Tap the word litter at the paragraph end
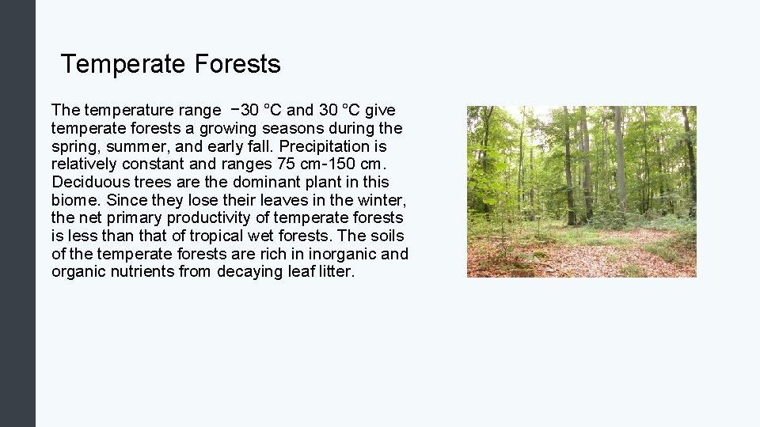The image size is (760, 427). coord(334,272)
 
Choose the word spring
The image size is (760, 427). coord(74,146)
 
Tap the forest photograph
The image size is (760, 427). coord(581,191)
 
